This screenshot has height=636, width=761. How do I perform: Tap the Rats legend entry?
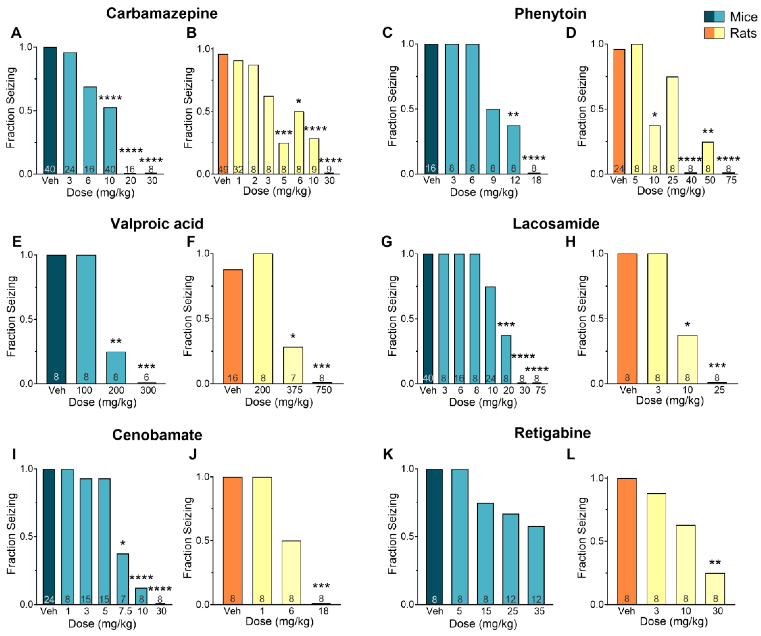(x=743, y=33)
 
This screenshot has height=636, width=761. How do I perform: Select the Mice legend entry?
(x=743, y=17)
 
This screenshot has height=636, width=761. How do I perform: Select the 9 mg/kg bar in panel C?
(x=493, y=141)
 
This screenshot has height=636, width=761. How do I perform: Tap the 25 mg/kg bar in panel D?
(x=672, y=125)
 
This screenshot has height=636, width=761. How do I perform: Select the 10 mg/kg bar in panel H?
(x=687, y=359)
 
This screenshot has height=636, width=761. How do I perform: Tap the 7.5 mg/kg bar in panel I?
(x=123, y=579)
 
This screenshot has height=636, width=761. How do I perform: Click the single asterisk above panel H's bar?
(x=687, y=325)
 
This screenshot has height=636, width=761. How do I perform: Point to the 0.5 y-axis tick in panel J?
(x=203, y=540)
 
